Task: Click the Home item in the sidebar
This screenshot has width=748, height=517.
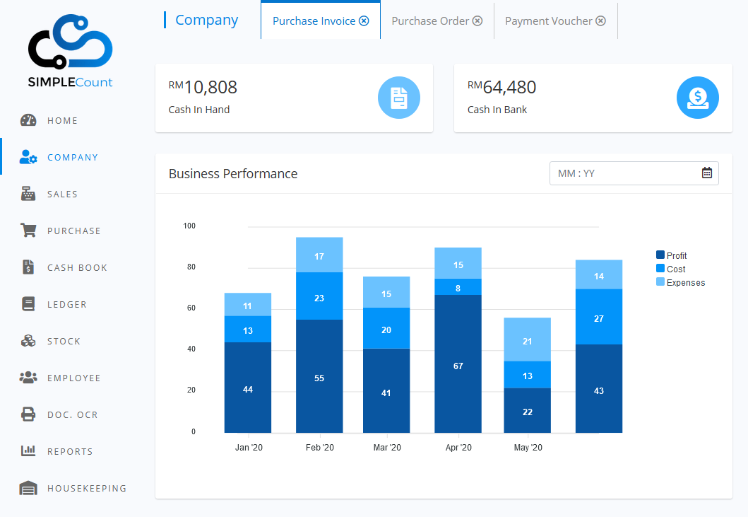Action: tap(62, 121)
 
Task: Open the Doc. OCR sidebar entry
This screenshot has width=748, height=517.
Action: tap(72, 415)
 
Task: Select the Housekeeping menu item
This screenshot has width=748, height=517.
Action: tap(86, 489)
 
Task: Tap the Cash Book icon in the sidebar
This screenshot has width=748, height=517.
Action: tap(28, 267)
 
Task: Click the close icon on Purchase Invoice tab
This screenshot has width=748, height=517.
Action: tap(364, 21)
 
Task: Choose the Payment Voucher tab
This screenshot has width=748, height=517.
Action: tap(548, 21)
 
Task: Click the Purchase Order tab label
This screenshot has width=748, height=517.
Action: tap(430, 21)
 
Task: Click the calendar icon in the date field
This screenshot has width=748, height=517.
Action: tap(707, 173)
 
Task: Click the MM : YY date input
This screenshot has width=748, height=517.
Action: tap(622, 173)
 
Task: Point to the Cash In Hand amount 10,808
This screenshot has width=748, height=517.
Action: tap(210, 88)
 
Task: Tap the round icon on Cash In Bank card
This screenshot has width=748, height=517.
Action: tap(697, 98)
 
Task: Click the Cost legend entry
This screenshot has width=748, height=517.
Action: tap(675, 269)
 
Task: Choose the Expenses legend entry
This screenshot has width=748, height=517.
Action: tap(685, 283)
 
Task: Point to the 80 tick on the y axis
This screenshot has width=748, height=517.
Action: tap(191, 267)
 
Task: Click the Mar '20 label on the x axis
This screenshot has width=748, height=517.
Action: tap(387, 448)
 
